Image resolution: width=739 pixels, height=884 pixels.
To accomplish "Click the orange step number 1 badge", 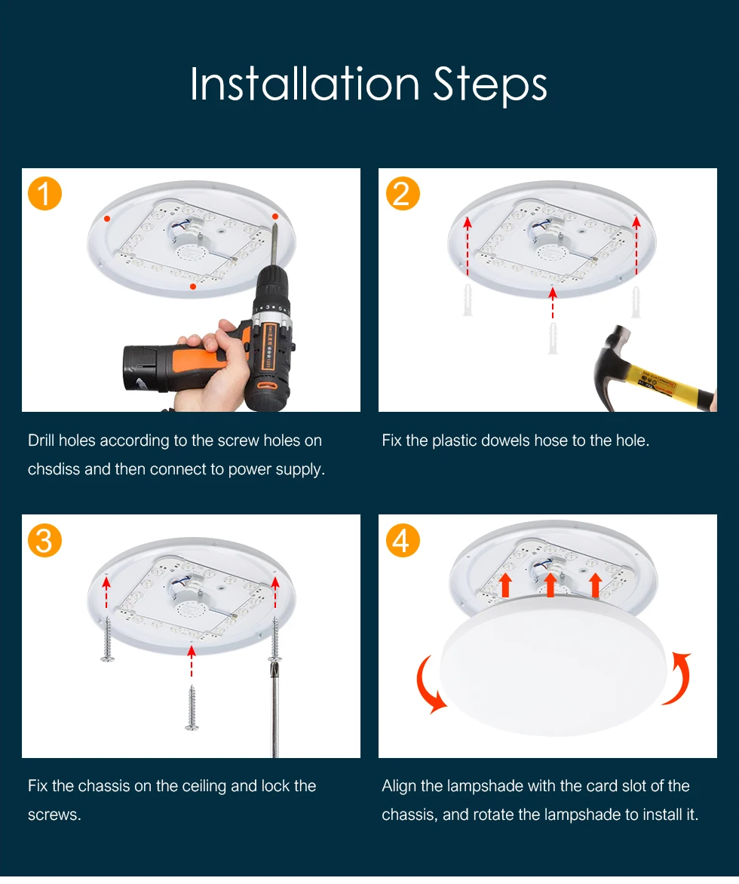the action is coord(44,194).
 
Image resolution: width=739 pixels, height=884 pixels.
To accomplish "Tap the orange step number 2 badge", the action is coord(403,194).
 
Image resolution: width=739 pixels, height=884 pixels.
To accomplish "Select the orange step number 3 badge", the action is coord(44,541).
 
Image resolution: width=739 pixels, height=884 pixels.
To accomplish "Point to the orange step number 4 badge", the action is coord(403,541).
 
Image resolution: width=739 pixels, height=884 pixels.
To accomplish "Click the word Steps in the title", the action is coord(490,85).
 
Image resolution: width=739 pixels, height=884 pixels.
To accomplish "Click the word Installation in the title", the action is coord(305,84).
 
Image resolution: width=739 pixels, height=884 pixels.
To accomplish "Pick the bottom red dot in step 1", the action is coord(193,287).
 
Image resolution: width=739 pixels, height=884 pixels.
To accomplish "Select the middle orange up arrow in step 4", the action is coord(550,585).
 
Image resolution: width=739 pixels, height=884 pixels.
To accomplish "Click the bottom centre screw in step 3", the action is coord(192,708).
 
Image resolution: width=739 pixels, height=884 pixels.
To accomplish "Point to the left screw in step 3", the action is coord(107,639).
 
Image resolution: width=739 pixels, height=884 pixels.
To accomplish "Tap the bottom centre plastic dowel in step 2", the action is coord(553,338).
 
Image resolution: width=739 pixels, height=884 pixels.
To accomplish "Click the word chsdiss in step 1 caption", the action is coord(54,469).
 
